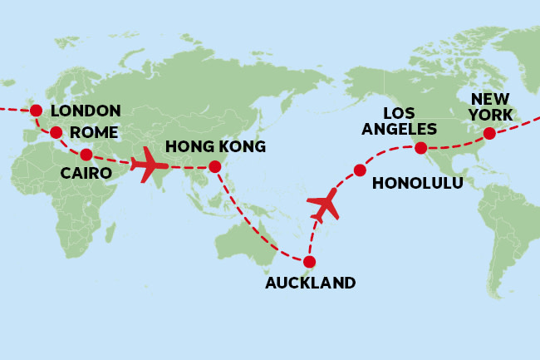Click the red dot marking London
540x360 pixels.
[x=36, y=111]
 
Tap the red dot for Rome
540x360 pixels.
[x=56, y=132]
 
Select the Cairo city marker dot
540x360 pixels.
[x=86, y=154]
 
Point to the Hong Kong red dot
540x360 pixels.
[x=215, y=167]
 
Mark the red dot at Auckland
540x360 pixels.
[x=309, y=262]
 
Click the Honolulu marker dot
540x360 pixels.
[x=360, y=170]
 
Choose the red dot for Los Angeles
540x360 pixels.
[x=421, y=148]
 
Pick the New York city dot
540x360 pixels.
[x=489, y=133]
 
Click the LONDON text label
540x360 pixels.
[x=86, y=111]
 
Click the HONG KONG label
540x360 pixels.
[x=215, y=147]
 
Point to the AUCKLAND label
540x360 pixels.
[x=310, y=283]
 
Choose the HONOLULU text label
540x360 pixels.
[x=418, y=183]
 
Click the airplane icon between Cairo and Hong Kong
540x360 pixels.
[x=149, y=164]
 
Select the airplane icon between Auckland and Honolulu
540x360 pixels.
[x=324, y=205]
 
